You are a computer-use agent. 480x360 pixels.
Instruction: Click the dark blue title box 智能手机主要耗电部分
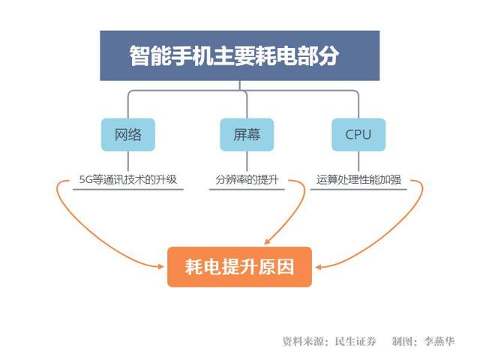(x=240, y=55)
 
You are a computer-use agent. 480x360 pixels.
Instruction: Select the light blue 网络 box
(x=128, y=134)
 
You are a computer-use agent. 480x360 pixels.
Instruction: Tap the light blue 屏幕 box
(x=247, y=134)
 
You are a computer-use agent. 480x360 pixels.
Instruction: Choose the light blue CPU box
(x=358, y=134)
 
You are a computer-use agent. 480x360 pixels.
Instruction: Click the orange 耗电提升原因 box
(x=239, y=267)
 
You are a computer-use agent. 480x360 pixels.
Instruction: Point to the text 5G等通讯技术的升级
(x=128, y=179)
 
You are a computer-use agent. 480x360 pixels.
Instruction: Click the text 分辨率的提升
(x=247, y=179)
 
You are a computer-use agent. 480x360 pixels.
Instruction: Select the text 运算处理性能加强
(x=358, y=179)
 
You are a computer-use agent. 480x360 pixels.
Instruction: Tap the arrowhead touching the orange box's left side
(x=161, y=267)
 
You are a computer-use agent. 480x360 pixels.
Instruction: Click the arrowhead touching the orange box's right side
(x=318, y=267)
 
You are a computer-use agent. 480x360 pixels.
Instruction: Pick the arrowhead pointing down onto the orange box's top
(x=267, y=241)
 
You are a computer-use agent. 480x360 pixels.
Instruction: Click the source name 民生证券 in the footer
(x=355, y=341)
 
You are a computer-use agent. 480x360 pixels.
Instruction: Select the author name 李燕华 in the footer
(x=439, y=341)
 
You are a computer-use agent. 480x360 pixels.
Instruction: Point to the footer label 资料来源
(x=303, y=341)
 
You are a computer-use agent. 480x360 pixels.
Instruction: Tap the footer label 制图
(x=402, y=341)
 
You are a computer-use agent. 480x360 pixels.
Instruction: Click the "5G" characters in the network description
(x=85, y=180)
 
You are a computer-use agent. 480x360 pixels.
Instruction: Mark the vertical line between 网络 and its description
(x=128, y=161)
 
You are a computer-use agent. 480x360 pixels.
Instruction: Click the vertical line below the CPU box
(x=358, y=161)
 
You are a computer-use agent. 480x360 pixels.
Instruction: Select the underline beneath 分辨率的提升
(x=247, y=190)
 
